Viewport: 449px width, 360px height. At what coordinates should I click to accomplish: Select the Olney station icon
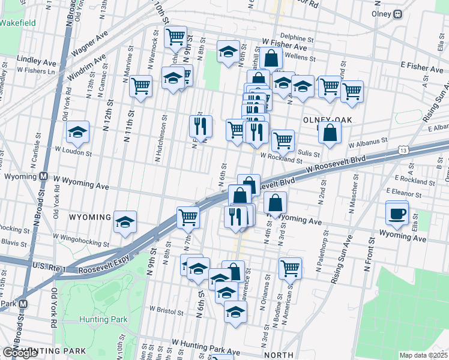[397, 14]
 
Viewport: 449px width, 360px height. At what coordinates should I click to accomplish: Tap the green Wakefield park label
[17, 23]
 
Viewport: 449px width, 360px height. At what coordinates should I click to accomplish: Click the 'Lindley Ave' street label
[36, 61]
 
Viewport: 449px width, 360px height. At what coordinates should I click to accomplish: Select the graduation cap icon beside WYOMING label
[125, 221]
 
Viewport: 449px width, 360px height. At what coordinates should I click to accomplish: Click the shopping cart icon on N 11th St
[140, 86]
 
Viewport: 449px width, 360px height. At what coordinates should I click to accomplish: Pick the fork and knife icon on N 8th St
[200, 126]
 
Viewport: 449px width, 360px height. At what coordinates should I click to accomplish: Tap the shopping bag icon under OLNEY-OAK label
[330, 133]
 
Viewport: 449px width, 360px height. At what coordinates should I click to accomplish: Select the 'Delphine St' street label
[293, 37]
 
